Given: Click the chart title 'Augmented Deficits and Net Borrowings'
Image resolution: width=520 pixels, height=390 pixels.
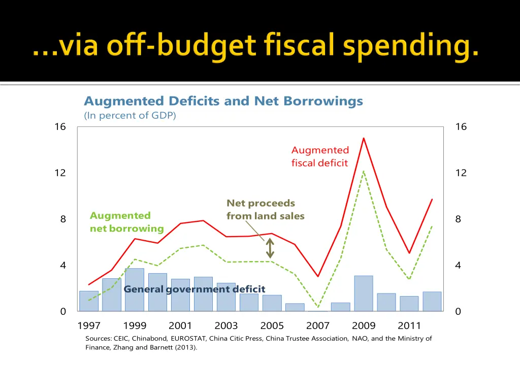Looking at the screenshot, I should (223, 101).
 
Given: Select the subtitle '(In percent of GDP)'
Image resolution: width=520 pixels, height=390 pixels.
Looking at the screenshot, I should (130, 115).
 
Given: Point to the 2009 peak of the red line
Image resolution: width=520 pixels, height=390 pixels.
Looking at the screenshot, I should (364, 138).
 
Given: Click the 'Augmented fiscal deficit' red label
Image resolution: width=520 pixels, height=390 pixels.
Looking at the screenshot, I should (320, 156).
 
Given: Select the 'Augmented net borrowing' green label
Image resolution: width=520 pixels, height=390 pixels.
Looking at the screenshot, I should (127, 222).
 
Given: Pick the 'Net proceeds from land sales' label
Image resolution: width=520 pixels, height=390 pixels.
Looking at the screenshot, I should (265, 209).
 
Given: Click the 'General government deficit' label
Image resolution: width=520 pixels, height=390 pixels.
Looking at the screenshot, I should (194, 289).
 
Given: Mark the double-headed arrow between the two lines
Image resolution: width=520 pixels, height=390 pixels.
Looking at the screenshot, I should (270, 249).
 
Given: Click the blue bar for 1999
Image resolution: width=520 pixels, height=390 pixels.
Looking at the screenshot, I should (135, 289).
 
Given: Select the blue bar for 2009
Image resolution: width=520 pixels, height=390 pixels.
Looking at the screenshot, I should (364, 293).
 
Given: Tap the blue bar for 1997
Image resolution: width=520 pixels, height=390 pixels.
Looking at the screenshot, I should (89, 301).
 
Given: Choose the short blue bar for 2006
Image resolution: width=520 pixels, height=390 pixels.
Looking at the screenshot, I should (295, 307).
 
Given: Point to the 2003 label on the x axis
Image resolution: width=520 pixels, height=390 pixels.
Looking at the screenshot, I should (226, 326).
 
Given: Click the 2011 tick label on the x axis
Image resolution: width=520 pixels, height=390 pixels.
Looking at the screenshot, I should (409, 326).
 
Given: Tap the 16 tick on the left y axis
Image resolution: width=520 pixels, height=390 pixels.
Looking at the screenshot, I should (60, 127).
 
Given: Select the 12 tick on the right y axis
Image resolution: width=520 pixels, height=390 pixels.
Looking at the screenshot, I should (461, 173).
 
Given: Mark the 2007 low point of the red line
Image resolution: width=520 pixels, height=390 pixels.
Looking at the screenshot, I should (318, 276).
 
